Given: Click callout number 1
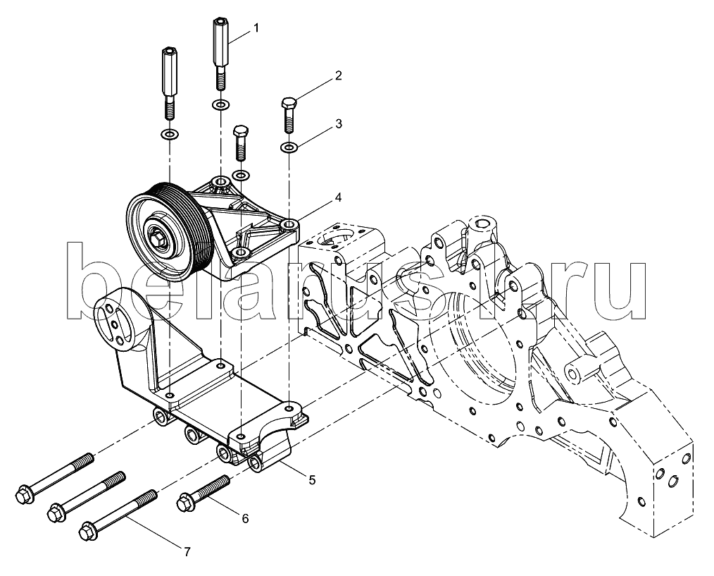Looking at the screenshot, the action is (x=256, y=28).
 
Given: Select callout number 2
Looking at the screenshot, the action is (x=338, y=75).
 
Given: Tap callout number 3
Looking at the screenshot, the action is (x=338, y=124).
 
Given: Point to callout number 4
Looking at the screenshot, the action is (x=337, y=197).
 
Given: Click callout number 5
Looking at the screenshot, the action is (x=312, y=479).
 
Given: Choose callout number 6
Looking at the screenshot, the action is (x=246, y=518).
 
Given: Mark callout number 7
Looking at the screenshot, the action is (x=187, y=552).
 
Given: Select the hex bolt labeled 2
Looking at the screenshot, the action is (x=289, y=114).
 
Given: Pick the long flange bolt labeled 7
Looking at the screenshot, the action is (x=118, y=515).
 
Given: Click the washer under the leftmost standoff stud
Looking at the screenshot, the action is (x=170, y=135).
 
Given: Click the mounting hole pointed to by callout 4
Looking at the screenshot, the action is (x=289, y=225).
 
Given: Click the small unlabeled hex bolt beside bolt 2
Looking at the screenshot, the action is (x=239, y=142).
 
